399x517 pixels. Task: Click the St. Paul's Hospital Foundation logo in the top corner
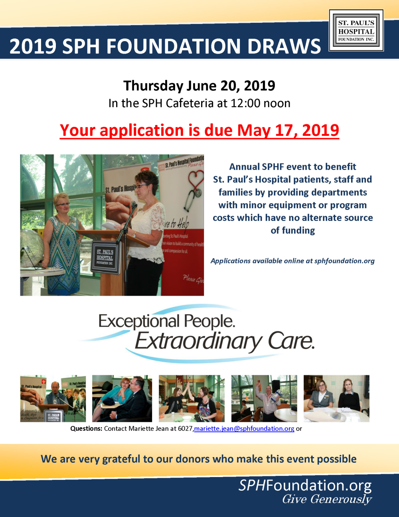pyautogui.click(x=356, y=30)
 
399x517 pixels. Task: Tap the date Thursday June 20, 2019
pyautogui.click(x=199, y=86)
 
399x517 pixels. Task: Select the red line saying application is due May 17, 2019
pyautogui.click(x=199, y=130)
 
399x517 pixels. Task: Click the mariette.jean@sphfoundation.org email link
pyautogui.click(x=244, y=428)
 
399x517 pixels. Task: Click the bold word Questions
pyautogui.click(x=86, y=428)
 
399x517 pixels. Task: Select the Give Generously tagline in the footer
pyautogui.click(x=327, y=499)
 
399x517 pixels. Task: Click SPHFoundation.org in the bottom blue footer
pyautogui.click(x=305, y=486)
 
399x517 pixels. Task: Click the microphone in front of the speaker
pyautogui.click(x=134, y=204)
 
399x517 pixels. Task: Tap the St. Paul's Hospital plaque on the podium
pyautogui.click(x=105, y=257)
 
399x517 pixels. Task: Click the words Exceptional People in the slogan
pyautogui.click(x=167, y=321)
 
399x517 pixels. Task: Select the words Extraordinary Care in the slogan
pyautogui.click(x=225, y=341)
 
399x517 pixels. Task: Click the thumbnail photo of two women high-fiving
pyautogui.click(x=192, y=398)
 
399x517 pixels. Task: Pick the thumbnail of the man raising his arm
pyautogui.click(x=264, y=398)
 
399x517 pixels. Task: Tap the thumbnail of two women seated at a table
pyautogui.click(x=336, y=398)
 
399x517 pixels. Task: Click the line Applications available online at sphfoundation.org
pyautogui.click(x=292, y=261)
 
